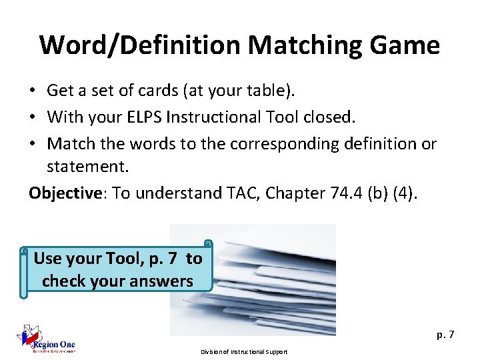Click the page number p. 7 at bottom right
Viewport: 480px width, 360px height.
click(445, 335)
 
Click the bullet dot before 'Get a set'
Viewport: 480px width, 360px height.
click(33, 90)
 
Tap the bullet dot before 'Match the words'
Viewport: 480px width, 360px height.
click(33, 144)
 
